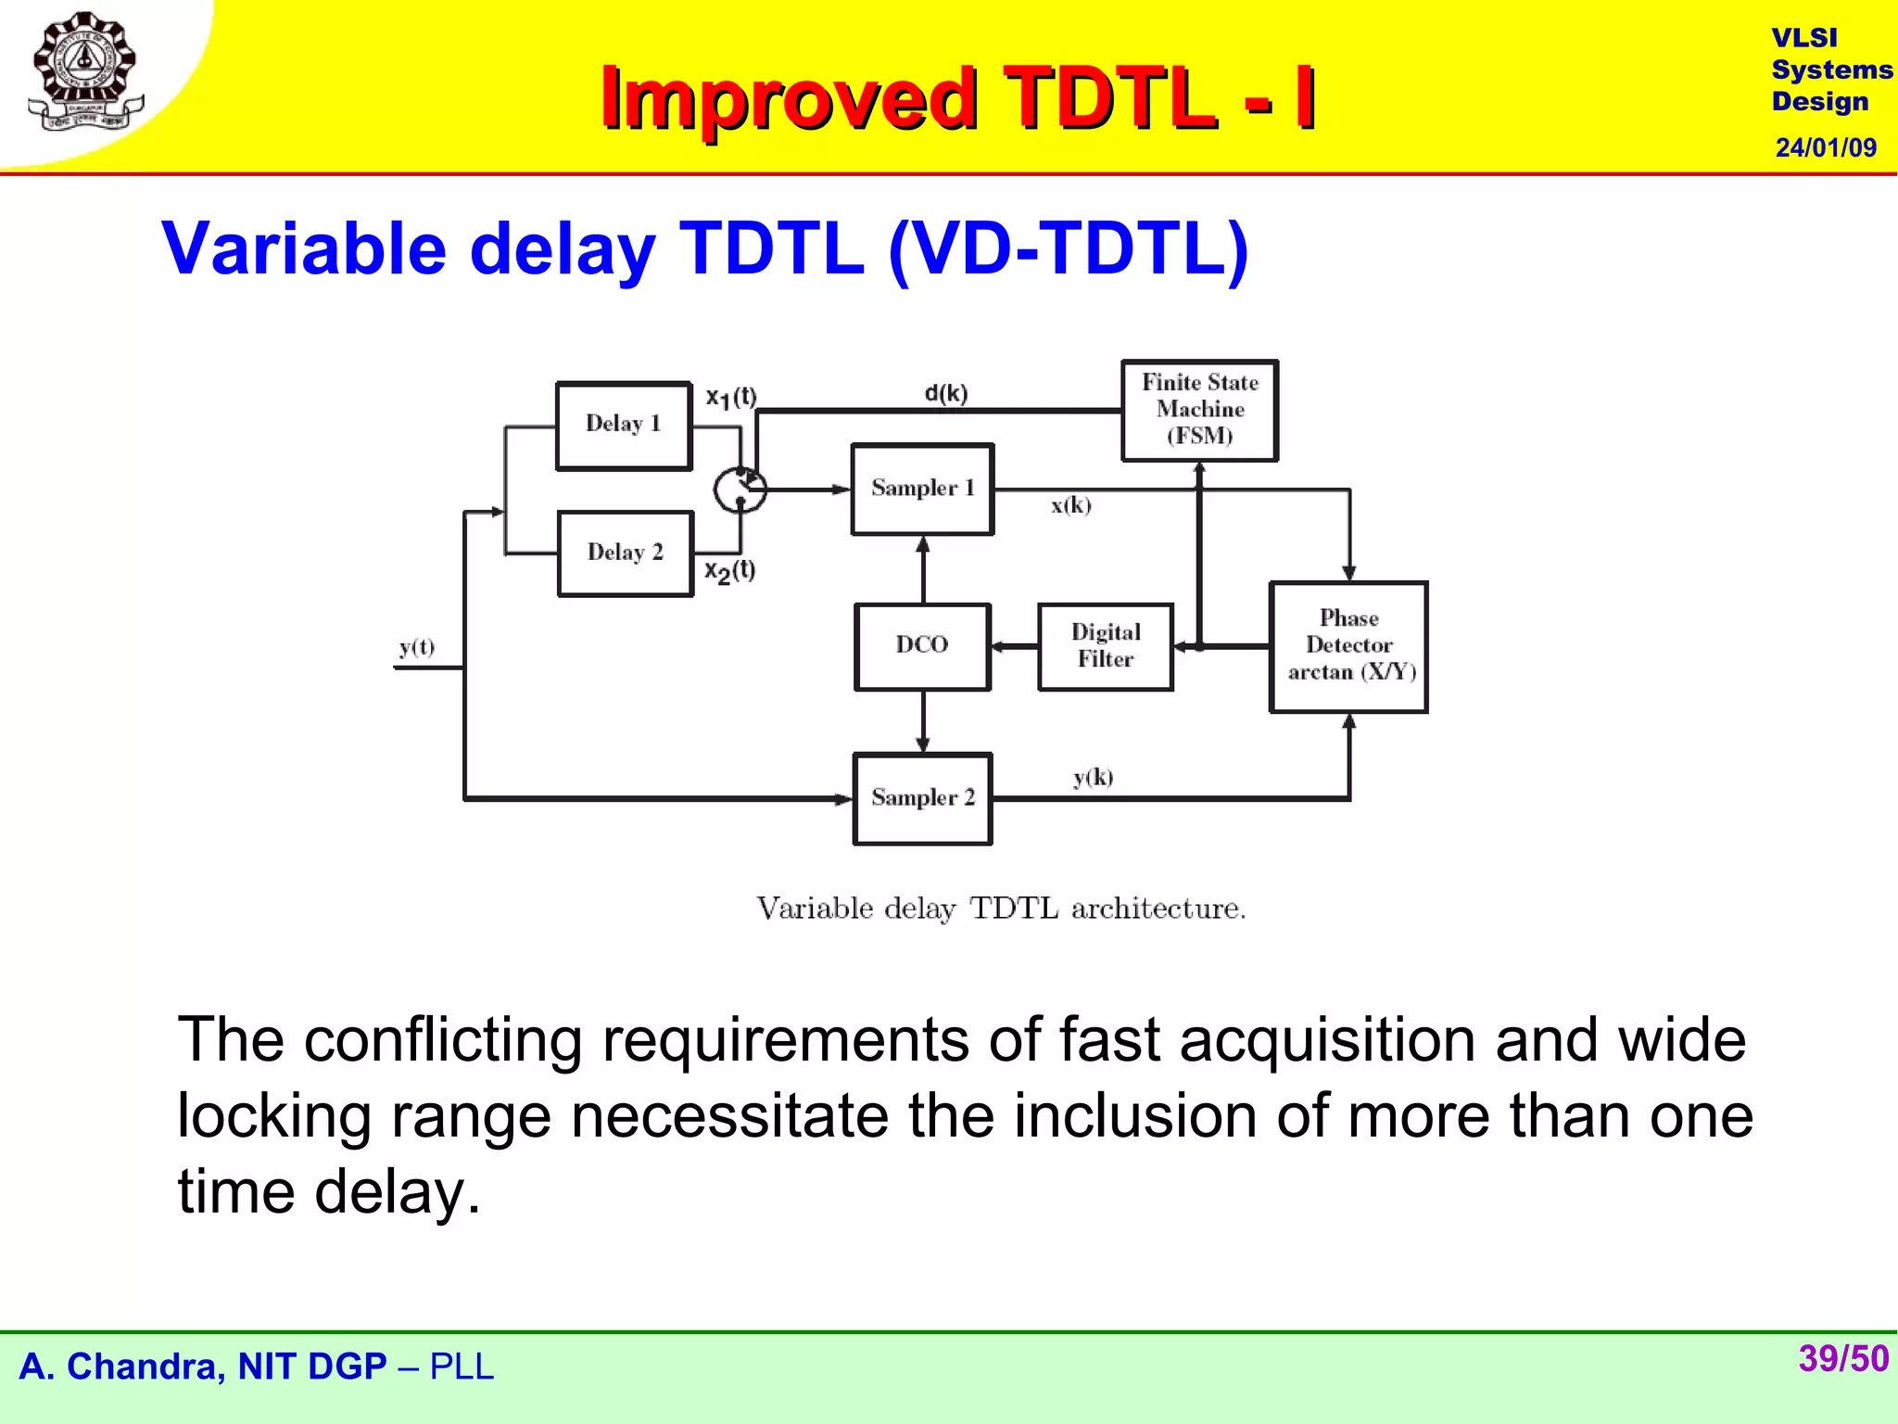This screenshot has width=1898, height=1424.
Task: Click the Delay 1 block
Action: (x=624, y=426)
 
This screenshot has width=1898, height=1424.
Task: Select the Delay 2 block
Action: (x=626, y=553)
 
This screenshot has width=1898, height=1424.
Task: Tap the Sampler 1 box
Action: (x=922, y=489)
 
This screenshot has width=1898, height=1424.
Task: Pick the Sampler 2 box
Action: (x=922, y=798)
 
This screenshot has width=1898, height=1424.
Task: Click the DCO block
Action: (x=922, y=646)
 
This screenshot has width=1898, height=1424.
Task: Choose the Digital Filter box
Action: (x=1105, y=646)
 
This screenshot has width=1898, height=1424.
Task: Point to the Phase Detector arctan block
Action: (x=1348, y=646)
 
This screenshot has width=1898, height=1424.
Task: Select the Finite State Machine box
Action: (x=1199, y=410)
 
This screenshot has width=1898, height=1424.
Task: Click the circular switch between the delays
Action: (x=740, y=489)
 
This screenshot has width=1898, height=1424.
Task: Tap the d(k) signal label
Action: (x=945, y=393)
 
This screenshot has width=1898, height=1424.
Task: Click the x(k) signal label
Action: (x=1070, y=505)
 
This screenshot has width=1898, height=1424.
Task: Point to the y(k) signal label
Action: (x=1093, y=777)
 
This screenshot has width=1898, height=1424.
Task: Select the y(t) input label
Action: (x=417, y=647)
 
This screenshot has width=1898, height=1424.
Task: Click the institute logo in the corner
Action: (x=85, y=72)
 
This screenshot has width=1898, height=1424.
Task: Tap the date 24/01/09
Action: (x=1825, y=147)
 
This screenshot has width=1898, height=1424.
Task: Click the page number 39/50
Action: (x=1842, y=1359)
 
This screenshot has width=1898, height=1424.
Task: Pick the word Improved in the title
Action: (x=788, y=98)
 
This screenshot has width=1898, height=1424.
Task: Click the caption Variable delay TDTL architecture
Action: (x=1001, y=909)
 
